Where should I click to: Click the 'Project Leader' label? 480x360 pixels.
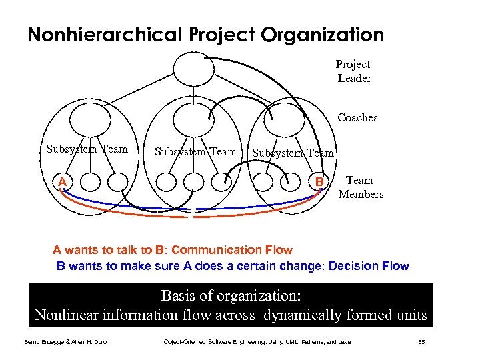click(x=353, y=71)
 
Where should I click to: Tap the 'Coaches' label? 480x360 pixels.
click(x=357, y=118)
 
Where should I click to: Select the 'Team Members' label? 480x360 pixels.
click(x=361, y=187)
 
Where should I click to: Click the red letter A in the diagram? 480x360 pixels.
click(x=61, y=181)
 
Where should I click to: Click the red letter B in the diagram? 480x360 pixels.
click(x=320, y=181)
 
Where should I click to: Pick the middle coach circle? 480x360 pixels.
click(x=193, y=119)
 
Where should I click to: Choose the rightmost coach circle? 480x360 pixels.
click(x=284, y=119)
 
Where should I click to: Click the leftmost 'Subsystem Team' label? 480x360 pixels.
click(x=87, y=149)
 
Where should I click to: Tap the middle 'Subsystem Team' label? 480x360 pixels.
click(x=195, y=151)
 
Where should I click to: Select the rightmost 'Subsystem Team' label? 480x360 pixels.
click(x=293, y=153)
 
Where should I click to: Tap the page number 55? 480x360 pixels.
click(x=421, y=342)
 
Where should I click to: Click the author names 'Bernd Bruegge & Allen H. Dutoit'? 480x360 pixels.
click(x=65, y=343)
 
